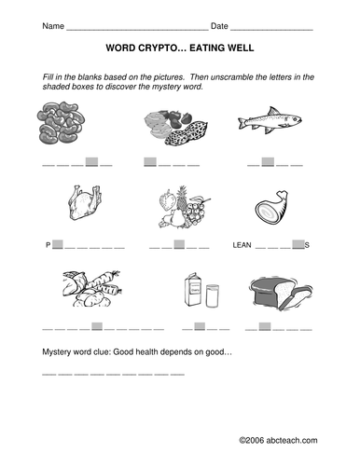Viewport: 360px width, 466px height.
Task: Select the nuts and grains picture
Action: click(173, 126)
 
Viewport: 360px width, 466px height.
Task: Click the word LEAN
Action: click(241, 246)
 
